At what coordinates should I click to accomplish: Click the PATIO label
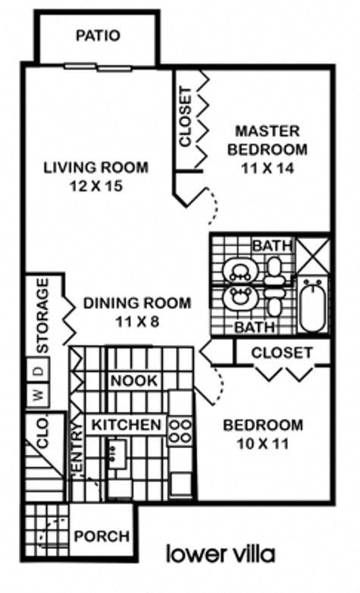click(x=98, y=36)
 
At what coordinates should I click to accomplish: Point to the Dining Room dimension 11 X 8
click(x=136, y=321)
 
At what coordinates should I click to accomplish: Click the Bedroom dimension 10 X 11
click(x=262, y=443)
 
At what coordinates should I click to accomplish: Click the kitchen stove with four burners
click(x=181, y=431)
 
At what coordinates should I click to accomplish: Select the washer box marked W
click(x=36, y=394)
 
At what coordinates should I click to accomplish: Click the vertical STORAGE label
click(x=43, y=315)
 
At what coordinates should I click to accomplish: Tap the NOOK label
click(x=134, y=380)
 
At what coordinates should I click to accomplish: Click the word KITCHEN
click(x=127, y=425)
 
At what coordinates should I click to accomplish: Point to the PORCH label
click(x=101, y=536)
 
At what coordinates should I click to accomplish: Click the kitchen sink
click(x=116, y=456)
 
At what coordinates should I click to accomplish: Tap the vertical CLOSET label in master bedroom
click(x=185, y=118)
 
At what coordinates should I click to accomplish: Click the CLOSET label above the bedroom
click(x=281, y=353)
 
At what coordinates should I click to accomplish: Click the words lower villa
click(x=221, y=553)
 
